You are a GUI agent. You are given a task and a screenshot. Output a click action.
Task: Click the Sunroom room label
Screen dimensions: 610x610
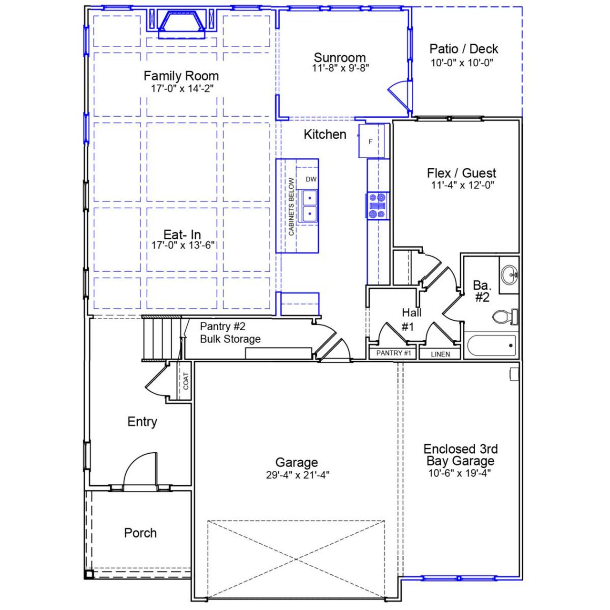[339, 58]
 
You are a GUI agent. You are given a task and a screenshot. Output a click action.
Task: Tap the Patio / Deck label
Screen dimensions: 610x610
[463, 49]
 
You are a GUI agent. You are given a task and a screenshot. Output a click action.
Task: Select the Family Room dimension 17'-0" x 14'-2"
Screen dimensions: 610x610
[181, 88]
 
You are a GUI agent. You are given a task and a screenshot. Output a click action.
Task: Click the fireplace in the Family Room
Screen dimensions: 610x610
[182, 25]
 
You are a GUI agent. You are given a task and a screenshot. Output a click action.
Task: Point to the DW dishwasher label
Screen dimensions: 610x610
[311, 180]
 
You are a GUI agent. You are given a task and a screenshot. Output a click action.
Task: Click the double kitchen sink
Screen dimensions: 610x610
[308, 205]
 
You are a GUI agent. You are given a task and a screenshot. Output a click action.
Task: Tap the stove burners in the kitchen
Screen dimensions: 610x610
[377, 205]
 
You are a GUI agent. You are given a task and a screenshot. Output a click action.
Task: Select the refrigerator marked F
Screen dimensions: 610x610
[371, 141]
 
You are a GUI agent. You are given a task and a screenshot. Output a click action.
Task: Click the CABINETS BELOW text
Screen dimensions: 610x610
[291, 207]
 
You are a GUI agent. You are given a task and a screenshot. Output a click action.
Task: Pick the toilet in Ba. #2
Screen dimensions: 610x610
[504, 316]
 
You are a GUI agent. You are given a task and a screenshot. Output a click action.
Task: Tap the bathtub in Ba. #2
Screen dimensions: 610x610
[491, 346]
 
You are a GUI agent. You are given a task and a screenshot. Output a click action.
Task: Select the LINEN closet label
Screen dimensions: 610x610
[440, 354]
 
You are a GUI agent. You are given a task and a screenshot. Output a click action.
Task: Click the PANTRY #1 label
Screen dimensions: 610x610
[393, 353]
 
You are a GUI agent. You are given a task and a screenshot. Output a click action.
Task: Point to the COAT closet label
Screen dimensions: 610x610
[185, 381]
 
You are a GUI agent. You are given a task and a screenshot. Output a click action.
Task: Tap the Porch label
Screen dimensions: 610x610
[140, 533]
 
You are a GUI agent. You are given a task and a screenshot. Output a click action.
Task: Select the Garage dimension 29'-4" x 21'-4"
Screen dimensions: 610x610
[297, 475]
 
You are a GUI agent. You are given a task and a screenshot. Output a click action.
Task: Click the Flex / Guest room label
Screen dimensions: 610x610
[461, 173]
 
